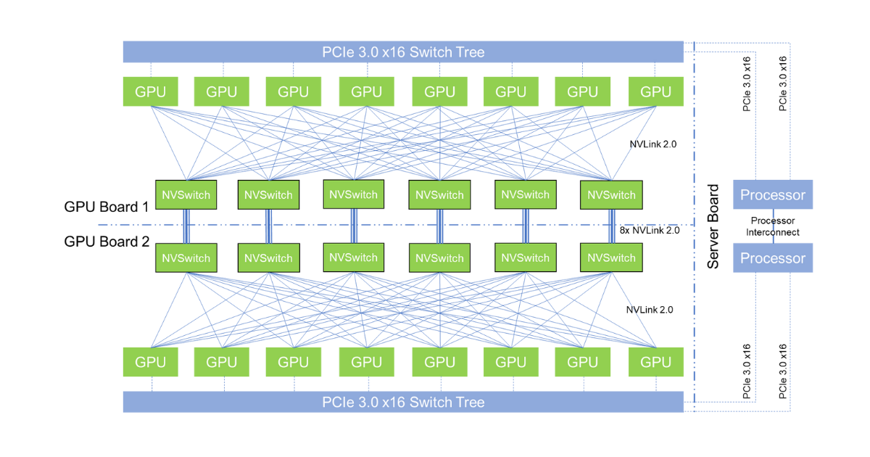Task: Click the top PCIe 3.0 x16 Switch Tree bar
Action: point(403,52)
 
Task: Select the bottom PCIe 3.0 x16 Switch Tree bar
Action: point(403,402)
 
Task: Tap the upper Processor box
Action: point(773,195)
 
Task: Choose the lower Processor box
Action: point(773,258)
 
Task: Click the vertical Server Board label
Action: point(713,227)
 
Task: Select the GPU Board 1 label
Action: point(107,206)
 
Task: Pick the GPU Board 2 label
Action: point(107,241)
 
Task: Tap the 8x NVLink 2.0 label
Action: point(650,231)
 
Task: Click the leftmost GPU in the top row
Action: point(150,91)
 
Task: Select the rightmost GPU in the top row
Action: point(656,91)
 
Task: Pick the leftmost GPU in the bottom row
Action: point(150,362)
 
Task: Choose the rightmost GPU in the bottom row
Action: point(656,362)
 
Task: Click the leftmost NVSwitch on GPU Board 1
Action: point(186,195)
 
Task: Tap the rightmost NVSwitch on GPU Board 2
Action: point(611,258)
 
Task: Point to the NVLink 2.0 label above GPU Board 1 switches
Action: point(652,144)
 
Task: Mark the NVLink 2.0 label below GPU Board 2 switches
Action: point(650,309)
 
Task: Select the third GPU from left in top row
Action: point(294,91)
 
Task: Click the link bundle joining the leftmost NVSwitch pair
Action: point(186,226)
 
